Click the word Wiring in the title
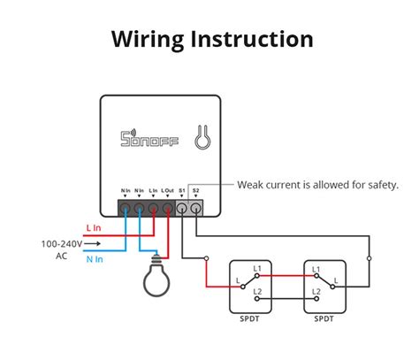pyautogui.click(x=148, y=40)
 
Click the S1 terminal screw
pyautogui.click(x=183, y=210)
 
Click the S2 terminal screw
pyautogui.click(x=196, y=210)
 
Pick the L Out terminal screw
pyautogui.click(x=168, y=210)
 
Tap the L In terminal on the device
pyautogui.click(x=154, y=210)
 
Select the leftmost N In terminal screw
pyautogui.click(x=126, y=210)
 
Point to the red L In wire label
pyautogui.click(x=94, y=228)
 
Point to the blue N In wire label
pyautogui.click(x=94, y=258)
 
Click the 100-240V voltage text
pyautogui.click(x=61, y=243)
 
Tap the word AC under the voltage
pyautogui.click(x=61, y=256)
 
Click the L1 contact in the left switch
pyautogui.click(x=257, y=267)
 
